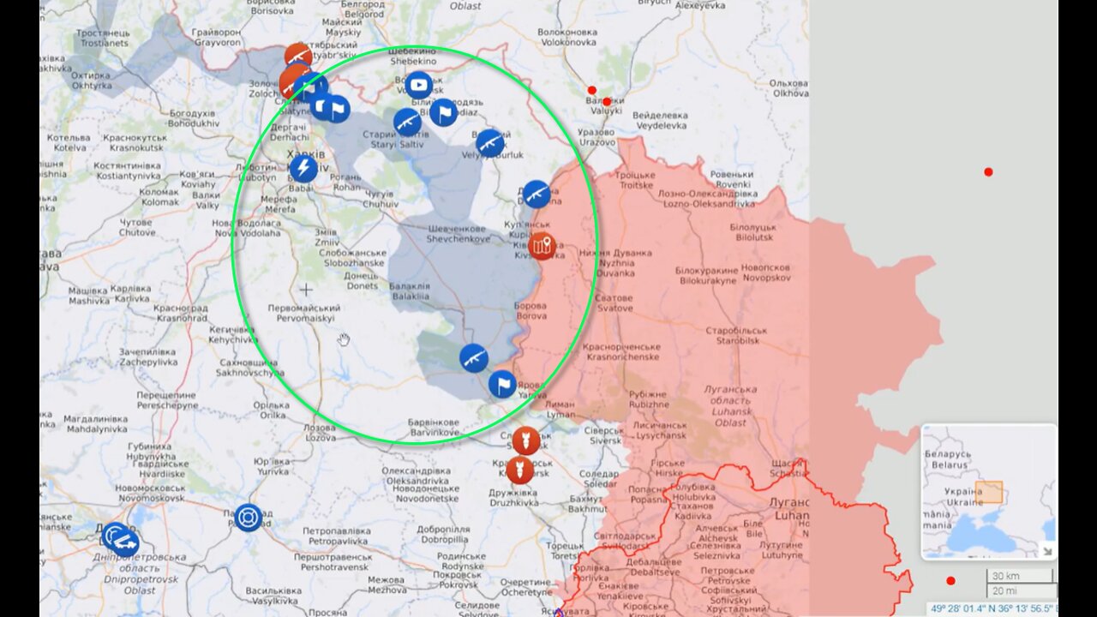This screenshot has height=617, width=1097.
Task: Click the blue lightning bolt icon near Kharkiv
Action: point(303,168)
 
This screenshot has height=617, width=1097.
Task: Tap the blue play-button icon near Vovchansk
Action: point(418,85)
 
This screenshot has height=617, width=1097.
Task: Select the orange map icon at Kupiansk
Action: point(542,247)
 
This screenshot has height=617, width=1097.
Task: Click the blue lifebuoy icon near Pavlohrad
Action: point(248,517)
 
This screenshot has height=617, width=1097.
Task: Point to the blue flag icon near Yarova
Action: point(502,384)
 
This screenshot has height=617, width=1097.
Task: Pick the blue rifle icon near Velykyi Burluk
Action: point(490,143)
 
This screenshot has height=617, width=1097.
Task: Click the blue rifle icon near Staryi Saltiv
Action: point(407,122)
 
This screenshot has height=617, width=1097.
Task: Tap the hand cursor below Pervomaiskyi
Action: point(344,340)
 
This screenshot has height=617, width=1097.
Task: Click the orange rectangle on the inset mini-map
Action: point(988,492)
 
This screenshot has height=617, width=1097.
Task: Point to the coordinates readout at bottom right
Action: point(994,608)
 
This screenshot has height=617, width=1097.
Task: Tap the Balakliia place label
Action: point(411,291)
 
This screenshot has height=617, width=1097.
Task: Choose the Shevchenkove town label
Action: point(459,234)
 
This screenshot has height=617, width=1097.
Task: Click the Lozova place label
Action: point(320,433)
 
